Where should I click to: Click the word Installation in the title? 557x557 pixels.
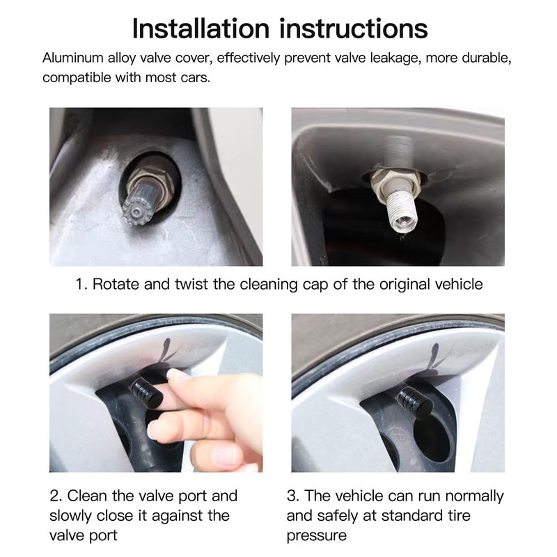coord(201,28)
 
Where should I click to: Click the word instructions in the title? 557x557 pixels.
coord(354,28)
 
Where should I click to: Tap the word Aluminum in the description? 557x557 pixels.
coord(73,58)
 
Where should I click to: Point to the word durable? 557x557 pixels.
coord(487,58)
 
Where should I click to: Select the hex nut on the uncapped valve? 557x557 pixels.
coord(394,181)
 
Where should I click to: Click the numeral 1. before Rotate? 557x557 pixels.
coord(81,284)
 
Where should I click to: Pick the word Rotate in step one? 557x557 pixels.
coord(116,284)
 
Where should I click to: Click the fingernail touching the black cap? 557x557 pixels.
coord(177,375)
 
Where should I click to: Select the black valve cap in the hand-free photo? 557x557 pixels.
coord(415,402)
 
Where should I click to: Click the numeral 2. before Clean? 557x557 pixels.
coord(56,496)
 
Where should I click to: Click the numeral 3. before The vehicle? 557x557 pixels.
coord(293,496)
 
